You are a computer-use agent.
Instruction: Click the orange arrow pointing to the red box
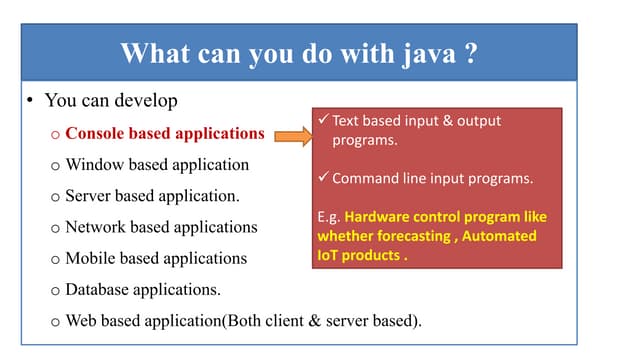point(289,135)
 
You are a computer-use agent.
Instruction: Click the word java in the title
point(428,53)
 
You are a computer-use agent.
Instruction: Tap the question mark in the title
point(470,53)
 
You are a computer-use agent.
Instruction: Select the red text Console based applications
point(165,133)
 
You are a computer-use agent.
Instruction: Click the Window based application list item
point(157,164)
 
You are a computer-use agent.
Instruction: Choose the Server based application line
point(152,195)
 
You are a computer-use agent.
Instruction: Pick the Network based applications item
point(161,227)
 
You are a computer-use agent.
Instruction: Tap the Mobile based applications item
point(156,258)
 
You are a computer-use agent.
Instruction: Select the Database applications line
point(143,290)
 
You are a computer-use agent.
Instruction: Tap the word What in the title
point(151,53)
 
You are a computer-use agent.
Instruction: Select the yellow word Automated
point(501,236)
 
